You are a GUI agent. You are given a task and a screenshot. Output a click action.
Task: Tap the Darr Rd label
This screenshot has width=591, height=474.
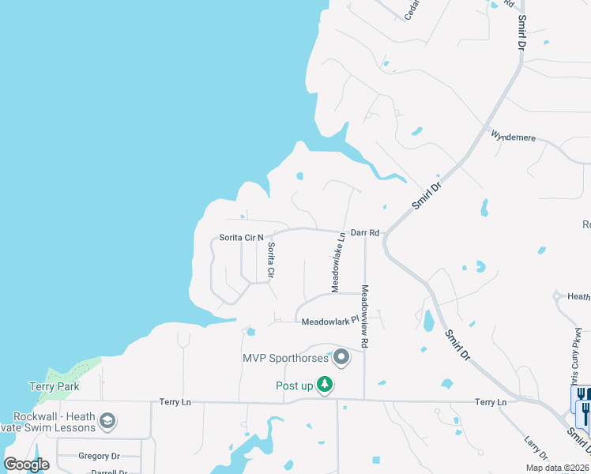[x=366, y=233]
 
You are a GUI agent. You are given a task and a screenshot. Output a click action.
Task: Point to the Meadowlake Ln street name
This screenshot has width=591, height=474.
[x=337, y=261]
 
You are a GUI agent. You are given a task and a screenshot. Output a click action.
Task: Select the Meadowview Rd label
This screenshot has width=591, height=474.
[x=366, y=317]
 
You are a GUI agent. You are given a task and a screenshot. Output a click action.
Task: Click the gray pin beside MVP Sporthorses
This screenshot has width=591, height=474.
[x=342, y=358]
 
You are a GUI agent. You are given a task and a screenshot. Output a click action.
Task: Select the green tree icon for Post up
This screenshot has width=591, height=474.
[x=324, y=385]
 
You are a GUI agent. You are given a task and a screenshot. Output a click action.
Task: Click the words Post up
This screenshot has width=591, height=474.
[x=295, y=386]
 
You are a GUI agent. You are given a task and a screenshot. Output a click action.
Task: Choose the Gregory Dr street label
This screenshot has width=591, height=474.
[x=99, y=456]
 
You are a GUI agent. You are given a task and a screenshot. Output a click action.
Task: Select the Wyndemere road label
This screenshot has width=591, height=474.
[x=514, y=137]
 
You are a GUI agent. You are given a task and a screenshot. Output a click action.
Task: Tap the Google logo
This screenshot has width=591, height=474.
[x=26, y=465]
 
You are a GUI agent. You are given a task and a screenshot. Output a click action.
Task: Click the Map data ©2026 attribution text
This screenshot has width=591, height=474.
[x=557, y=468]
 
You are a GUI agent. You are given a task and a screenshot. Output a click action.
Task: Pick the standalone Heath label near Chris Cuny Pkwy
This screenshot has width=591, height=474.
[x=579, y=297]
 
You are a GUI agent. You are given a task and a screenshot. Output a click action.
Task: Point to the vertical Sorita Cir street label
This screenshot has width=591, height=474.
[x=270, y=260]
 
